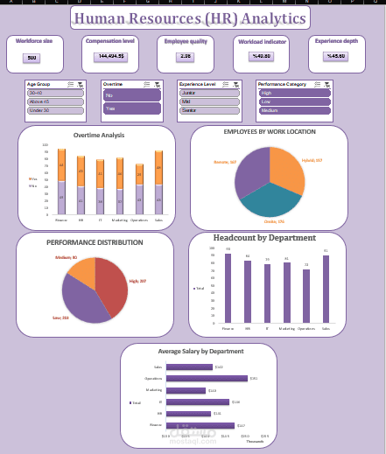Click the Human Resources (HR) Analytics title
[x=191, y=18]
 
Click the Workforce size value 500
[x=32, y=58]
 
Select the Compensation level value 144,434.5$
[x=110, y=56]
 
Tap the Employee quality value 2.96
[x=185, y=56]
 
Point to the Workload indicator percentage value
[x=261, y=56]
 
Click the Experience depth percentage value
[x=335, y=56]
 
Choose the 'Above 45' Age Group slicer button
[x=52, y=101]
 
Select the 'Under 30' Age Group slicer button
[x=52, y=110]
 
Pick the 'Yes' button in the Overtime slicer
[x=131, y=108]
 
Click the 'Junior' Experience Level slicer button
[x=209, y=92]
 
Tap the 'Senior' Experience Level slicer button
[x=209, y=110]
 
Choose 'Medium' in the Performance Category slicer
[x=294, y=110]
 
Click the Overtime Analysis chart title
[x=99, y=136]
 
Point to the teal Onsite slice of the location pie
[x=272, y=202]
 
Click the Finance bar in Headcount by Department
[x=228, y=289]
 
